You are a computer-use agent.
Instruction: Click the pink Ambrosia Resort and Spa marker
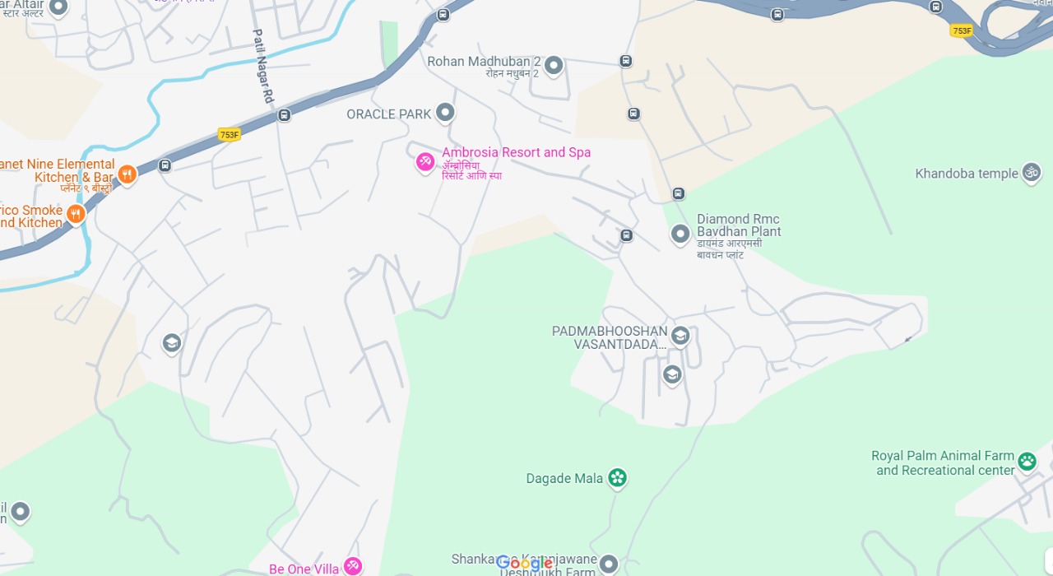click(425, 161)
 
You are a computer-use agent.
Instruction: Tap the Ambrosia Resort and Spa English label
click(516, 152)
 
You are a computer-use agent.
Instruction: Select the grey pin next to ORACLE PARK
click(445, 112)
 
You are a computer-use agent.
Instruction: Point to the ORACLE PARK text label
click(389, 114)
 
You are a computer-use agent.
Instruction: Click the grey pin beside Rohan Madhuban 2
click(554, 64)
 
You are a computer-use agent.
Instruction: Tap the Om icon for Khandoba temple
click(1031, 172)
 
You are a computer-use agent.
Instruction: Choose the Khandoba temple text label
click(967, 174)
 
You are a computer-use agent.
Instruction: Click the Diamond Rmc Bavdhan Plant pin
click(680, 234)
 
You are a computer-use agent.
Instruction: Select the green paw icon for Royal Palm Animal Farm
click(1027, 461)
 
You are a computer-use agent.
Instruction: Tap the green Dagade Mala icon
click(617, 477)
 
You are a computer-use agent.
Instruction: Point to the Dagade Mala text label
click(565, 478)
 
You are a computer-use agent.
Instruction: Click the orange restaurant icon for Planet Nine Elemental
click(127, 174)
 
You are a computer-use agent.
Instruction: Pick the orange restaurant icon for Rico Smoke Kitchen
click(76, 214)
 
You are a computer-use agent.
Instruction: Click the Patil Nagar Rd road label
click(262, 66)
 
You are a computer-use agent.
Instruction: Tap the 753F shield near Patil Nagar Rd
click(229, 134)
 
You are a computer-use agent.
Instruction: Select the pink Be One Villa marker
click(353, 566)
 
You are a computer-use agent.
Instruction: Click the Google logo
click(524, 564)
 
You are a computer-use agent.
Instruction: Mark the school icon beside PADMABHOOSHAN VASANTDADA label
click(680, 335)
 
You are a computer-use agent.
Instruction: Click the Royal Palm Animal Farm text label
click(944, 463)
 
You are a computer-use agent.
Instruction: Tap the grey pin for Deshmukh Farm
click(608, 564)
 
